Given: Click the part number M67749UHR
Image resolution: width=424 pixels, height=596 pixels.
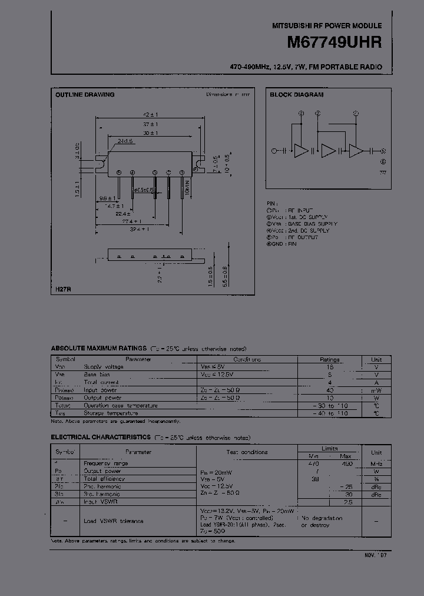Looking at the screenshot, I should pyautogui.click(x=334, y=43).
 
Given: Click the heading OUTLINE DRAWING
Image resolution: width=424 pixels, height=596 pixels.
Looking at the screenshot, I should pyautogui.click(x=85, y=95).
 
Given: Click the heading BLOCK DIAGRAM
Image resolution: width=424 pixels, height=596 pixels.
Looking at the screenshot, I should pyautogui.click(x=297, y=95).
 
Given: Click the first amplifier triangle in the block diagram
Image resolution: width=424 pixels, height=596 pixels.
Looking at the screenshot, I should pyautogui.click(x=301, y=151).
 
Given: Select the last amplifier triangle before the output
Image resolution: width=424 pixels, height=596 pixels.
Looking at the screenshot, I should pyautogui.click(x=356, y=151).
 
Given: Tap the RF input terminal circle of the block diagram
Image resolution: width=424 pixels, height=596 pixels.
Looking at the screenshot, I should pyautogui.click(x=273, y=151).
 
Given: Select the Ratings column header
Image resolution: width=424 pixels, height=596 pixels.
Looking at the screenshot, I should pyautogui.click(x=329, y=359).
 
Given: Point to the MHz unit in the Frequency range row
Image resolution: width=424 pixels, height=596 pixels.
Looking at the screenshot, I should pyautogui.click(x=376, y=463).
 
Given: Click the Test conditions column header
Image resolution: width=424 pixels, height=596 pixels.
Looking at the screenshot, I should pyautogui.click(x=247, y=452).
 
